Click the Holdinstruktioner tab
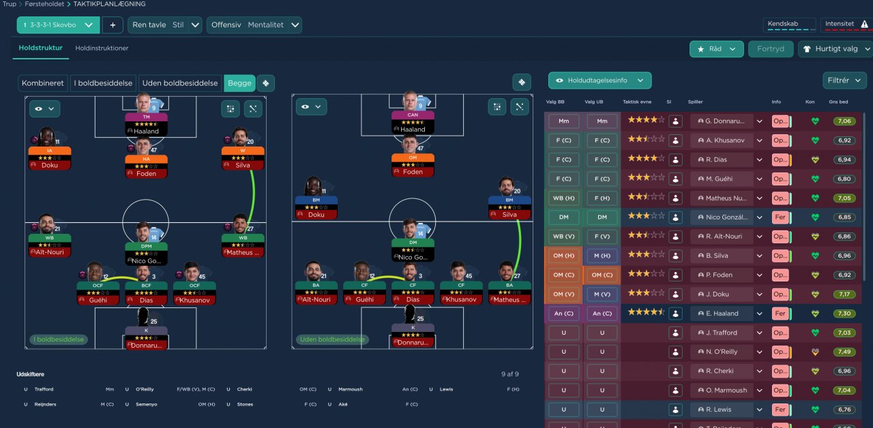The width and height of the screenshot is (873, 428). pyautogui.click(x=102, y=48)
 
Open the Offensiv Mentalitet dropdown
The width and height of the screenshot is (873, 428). pyautogui.click(x=254, y=25)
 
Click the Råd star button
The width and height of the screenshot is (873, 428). pyautogui.click(x=716, y=49)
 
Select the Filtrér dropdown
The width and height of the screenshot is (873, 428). pyautogui.click(x=844, y=80)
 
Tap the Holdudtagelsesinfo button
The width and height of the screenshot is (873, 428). pyautogui.click(x=600, y=80)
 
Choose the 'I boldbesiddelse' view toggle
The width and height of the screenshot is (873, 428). pyautogui.click(x=103, y=83)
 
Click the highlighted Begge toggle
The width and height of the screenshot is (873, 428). pyautogui.click(x=239, y=83)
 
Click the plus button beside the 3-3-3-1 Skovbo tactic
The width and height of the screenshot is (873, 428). pyautogui.click(x=113, y=25)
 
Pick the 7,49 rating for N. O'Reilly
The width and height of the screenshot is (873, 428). pyautogui.click(x=844, y=352)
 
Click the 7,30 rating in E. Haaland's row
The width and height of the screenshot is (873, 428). pyautogui.click(x=844, y=314)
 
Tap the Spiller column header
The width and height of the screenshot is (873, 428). pyautogui.click(x=695, y=102)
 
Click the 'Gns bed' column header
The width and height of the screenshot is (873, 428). pyautogui.click(x=838, y=102)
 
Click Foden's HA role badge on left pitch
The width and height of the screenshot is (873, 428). pyautogui.click(x=145, y=159)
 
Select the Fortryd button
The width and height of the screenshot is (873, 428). pyautogui.click(x=771, y=49)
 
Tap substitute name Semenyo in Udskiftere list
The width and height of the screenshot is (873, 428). pyautogui.click(x=147, y=404)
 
